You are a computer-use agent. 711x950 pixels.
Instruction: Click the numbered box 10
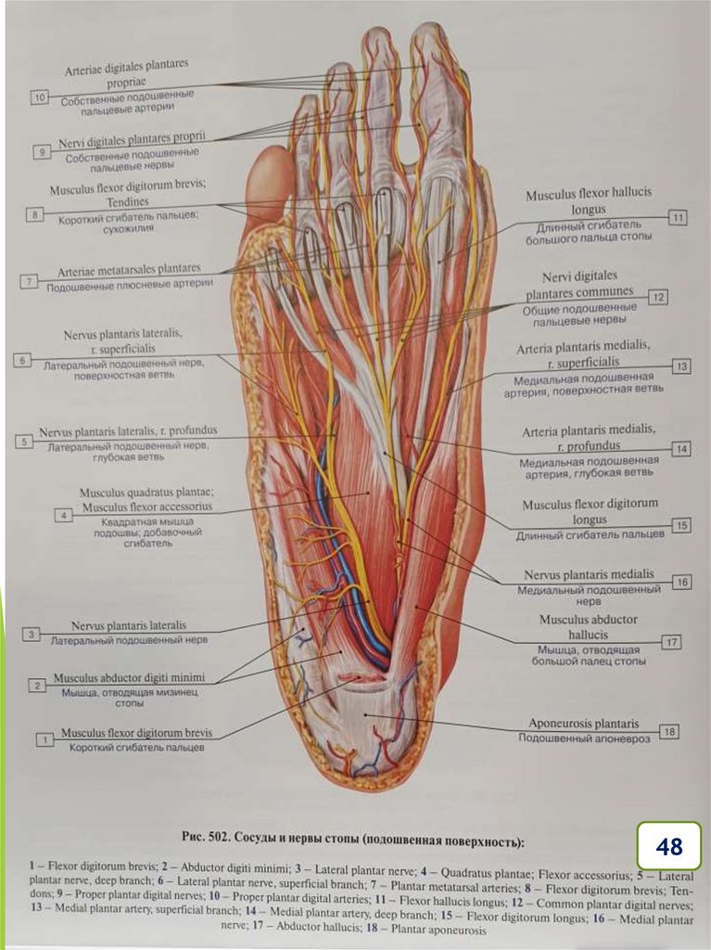tap(39, 96)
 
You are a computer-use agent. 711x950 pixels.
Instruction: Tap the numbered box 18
tap(669, 731)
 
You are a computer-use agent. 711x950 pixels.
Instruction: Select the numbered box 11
tap(678, 218)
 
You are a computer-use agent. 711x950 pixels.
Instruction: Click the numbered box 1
tap(44, 739)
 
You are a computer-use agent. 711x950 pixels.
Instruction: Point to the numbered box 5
tap(23, 442)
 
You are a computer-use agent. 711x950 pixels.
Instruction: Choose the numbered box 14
tap(681, 448)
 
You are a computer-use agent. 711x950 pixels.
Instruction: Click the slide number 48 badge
tap(668, 846)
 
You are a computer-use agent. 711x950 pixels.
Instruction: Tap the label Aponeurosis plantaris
tap(583, 723)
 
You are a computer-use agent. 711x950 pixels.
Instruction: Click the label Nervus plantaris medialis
tap(589, 574)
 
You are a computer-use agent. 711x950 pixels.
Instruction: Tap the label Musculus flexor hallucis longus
tap(589, 201)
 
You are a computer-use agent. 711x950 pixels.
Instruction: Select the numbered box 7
tap(31, 279)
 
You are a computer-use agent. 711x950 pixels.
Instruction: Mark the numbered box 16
tap(681, 582)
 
